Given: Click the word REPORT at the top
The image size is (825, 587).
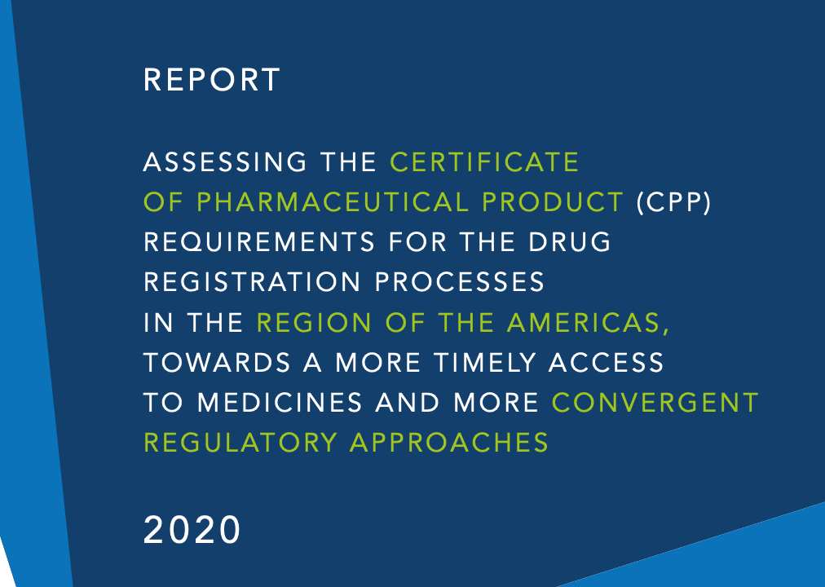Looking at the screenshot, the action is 211,80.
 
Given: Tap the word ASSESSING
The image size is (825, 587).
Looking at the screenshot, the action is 225,162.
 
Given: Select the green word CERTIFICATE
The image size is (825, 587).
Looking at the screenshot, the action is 484,162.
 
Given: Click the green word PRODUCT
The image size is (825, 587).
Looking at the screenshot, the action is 553,202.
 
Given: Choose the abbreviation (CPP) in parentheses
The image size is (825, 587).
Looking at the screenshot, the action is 674,202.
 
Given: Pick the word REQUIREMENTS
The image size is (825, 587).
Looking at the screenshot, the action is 259,242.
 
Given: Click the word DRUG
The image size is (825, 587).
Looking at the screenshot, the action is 570,242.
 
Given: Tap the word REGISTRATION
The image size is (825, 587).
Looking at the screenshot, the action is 252,282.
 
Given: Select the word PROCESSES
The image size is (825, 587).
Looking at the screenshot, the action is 460,282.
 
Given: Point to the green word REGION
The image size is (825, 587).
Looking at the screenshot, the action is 314,322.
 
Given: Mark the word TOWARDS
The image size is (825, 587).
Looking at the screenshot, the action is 217,363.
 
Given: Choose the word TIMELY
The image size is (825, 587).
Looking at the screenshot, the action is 484,363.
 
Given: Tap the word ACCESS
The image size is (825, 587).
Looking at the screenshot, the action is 607,363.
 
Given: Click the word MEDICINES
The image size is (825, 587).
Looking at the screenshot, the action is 280,403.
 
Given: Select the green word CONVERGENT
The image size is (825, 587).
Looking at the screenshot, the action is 655,403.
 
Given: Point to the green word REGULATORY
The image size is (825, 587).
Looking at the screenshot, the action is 240,443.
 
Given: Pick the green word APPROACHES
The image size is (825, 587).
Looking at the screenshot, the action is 449,443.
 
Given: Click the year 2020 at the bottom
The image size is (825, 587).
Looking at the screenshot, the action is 192,530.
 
